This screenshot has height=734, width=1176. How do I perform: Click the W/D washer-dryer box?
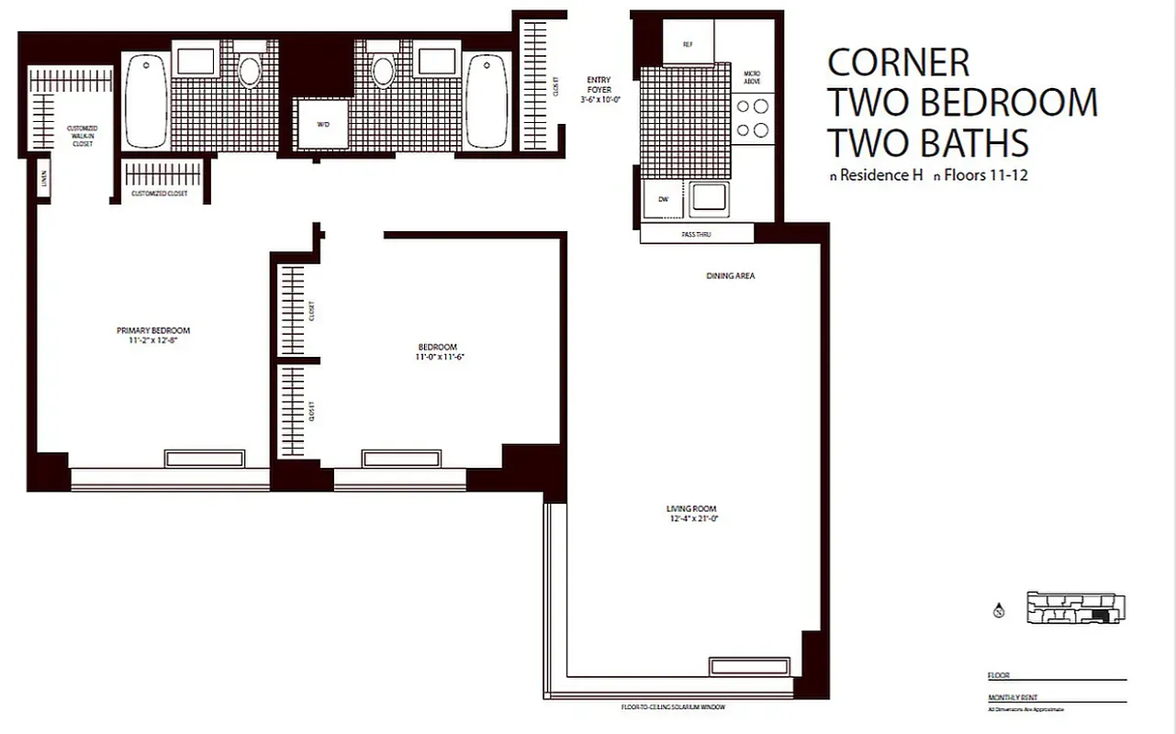(x=321, y=124)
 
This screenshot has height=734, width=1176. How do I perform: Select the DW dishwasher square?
(x=662, y=198)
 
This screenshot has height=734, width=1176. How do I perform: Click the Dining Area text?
(x=731, y=275)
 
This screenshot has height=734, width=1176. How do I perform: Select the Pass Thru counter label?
(x=696, y=235)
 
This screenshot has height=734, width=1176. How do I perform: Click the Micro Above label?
(x=752, y=77)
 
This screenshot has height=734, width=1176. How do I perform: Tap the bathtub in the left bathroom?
(x=145, y=100)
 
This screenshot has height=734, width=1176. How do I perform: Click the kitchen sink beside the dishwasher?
(x=709, y=198)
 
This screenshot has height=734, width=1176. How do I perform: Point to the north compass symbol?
(x=998, y=610)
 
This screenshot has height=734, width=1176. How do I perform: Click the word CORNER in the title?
(x=898, y=62)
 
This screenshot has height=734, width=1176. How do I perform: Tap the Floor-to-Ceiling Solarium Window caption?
(x=679, y=707)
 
